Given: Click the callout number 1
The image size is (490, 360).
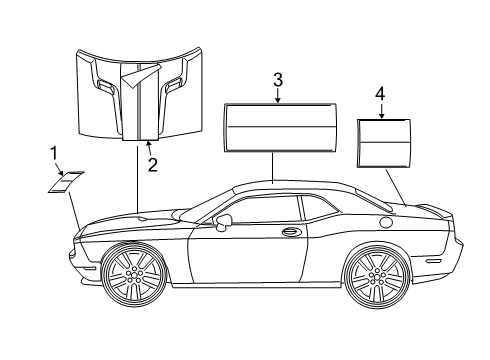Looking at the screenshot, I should (x=54, y=152).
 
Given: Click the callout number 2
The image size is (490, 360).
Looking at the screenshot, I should (x=152, y=165).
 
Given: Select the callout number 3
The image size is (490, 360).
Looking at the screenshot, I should (x=278, y=80).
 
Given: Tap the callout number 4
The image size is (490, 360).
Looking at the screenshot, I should (x=380, y=95).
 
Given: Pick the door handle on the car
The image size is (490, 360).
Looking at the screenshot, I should (x=291, y=233).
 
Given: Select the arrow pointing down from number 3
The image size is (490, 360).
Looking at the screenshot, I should (x=278, y=96).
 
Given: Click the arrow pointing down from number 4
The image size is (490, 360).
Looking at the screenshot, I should (x=381, y=111).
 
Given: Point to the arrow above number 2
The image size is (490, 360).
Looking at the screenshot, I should (x=150, y=149).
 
